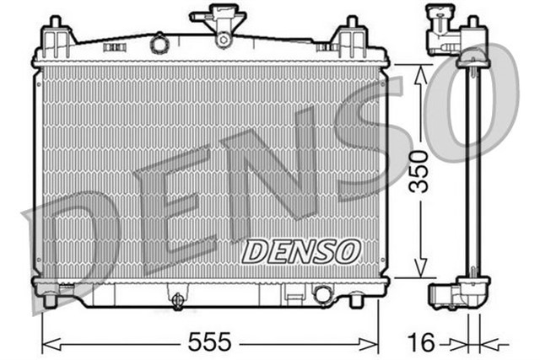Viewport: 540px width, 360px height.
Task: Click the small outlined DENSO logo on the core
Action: click(301, 250)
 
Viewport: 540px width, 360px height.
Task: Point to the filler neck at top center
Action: click(221, 24)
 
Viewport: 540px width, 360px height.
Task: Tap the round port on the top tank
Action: click(158, 43)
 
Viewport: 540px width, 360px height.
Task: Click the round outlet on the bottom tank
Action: click(322, 294)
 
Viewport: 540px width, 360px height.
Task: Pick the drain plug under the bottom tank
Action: click(177, 301)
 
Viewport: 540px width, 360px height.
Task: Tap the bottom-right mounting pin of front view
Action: click(356, 299)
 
